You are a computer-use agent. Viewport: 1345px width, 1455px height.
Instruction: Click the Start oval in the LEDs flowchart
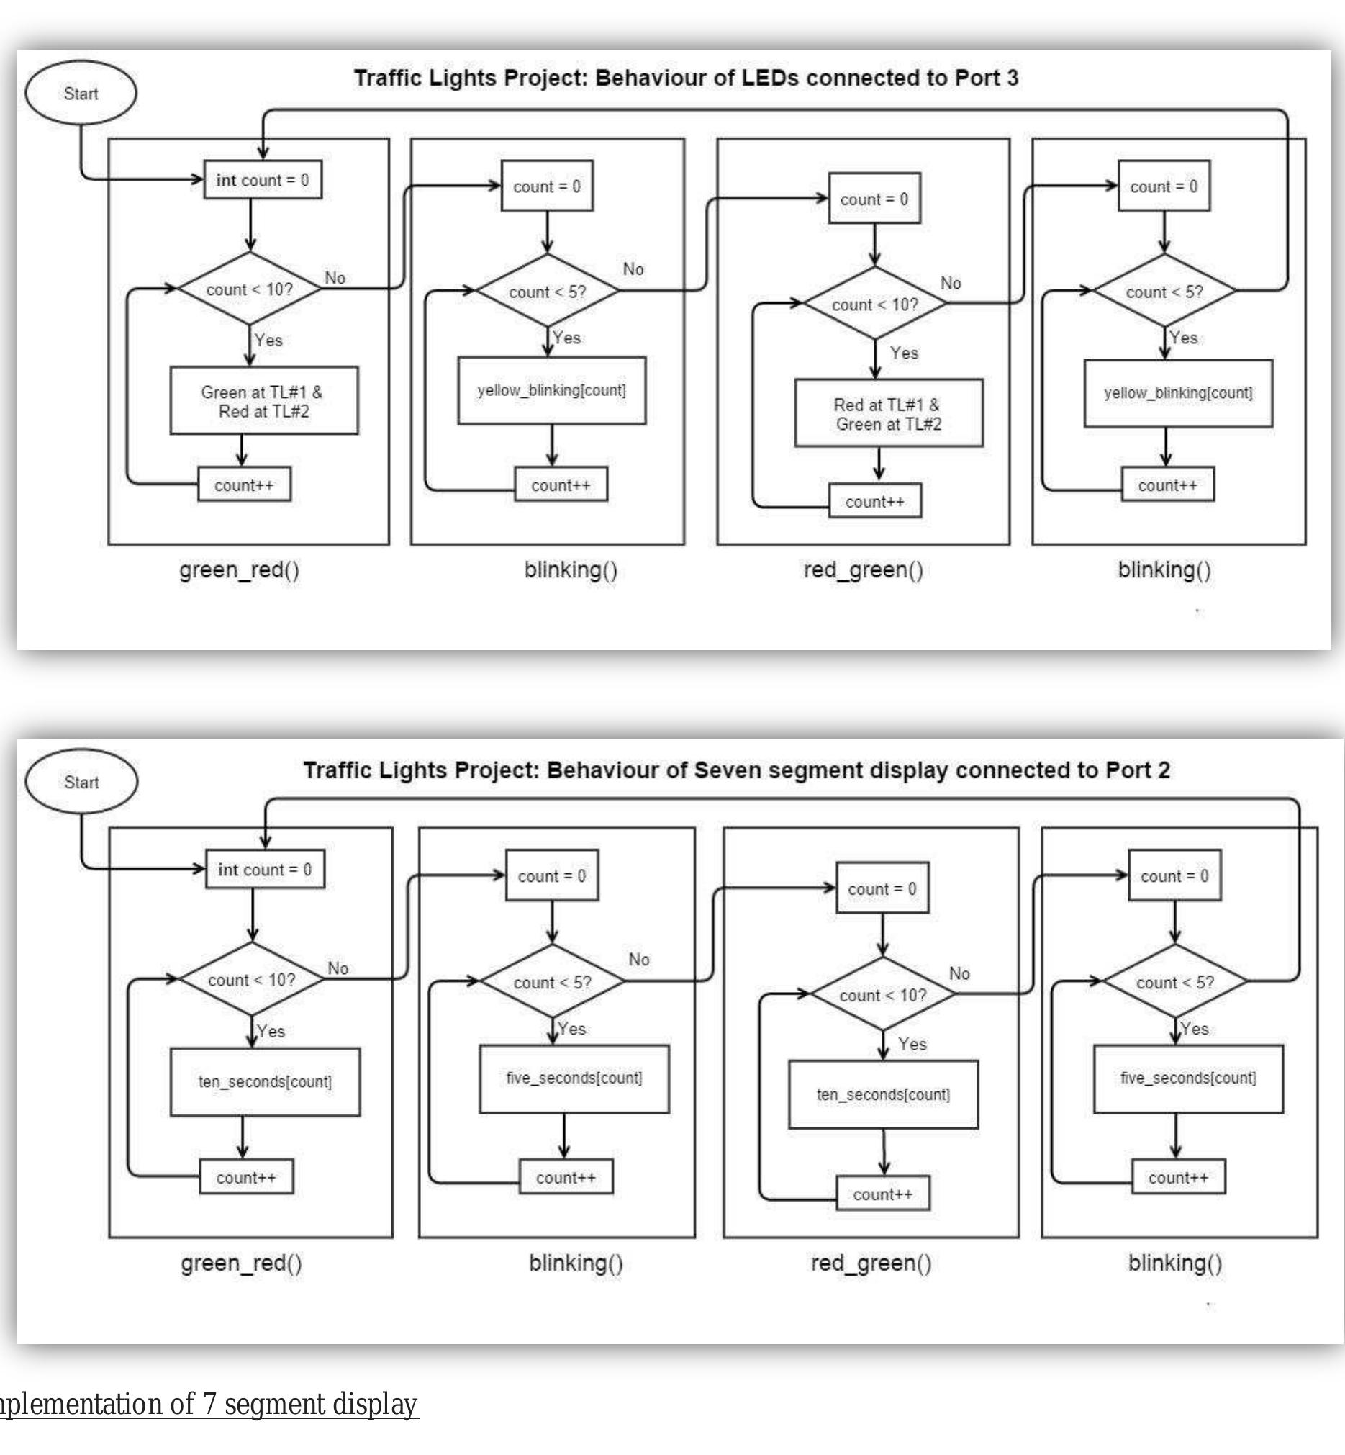[x=81, y=93]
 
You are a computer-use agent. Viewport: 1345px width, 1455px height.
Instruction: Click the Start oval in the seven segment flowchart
[x=81, y=782]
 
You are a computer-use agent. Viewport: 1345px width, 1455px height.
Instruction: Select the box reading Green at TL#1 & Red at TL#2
[x=263, y=401]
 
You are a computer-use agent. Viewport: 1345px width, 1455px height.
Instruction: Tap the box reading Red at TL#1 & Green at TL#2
[x=889, y=414]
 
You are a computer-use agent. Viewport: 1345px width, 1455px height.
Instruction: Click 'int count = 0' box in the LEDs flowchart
[x=263, y=180]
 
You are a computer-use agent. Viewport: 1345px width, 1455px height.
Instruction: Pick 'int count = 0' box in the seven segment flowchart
[x=265, y=870]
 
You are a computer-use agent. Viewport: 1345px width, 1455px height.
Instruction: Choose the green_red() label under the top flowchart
[x=240, y=569]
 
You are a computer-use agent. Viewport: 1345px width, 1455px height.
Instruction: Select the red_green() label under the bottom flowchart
[x=871, y=1263]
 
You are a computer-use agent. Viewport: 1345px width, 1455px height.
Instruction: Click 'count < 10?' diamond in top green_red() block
[x=250, y=289]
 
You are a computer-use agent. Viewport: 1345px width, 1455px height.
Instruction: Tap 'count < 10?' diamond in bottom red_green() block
[x=883, y=995]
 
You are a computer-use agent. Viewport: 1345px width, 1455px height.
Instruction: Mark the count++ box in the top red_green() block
[x=875, y=502]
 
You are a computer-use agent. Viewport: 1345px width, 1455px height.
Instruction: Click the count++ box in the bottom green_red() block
[x=246, y=1178]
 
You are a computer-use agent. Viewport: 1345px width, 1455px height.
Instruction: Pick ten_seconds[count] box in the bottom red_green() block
[x=883, y=1094]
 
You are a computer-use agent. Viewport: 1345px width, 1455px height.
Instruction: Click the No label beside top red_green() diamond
[x=951, y=283]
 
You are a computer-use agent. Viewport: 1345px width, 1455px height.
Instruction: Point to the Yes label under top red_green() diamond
[x=904, y=353]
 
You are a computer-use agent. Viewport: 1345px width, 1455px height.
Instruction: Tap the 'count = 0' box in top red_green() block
[x=874, y=199]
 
